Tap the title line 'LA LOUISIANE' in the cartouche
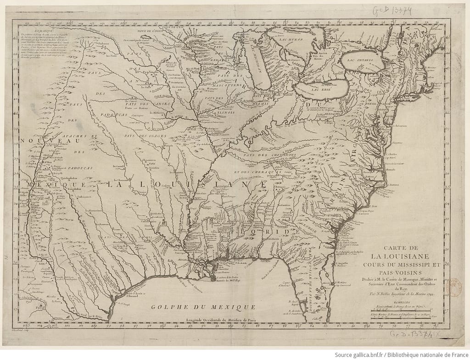click(x=400, y=255)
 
